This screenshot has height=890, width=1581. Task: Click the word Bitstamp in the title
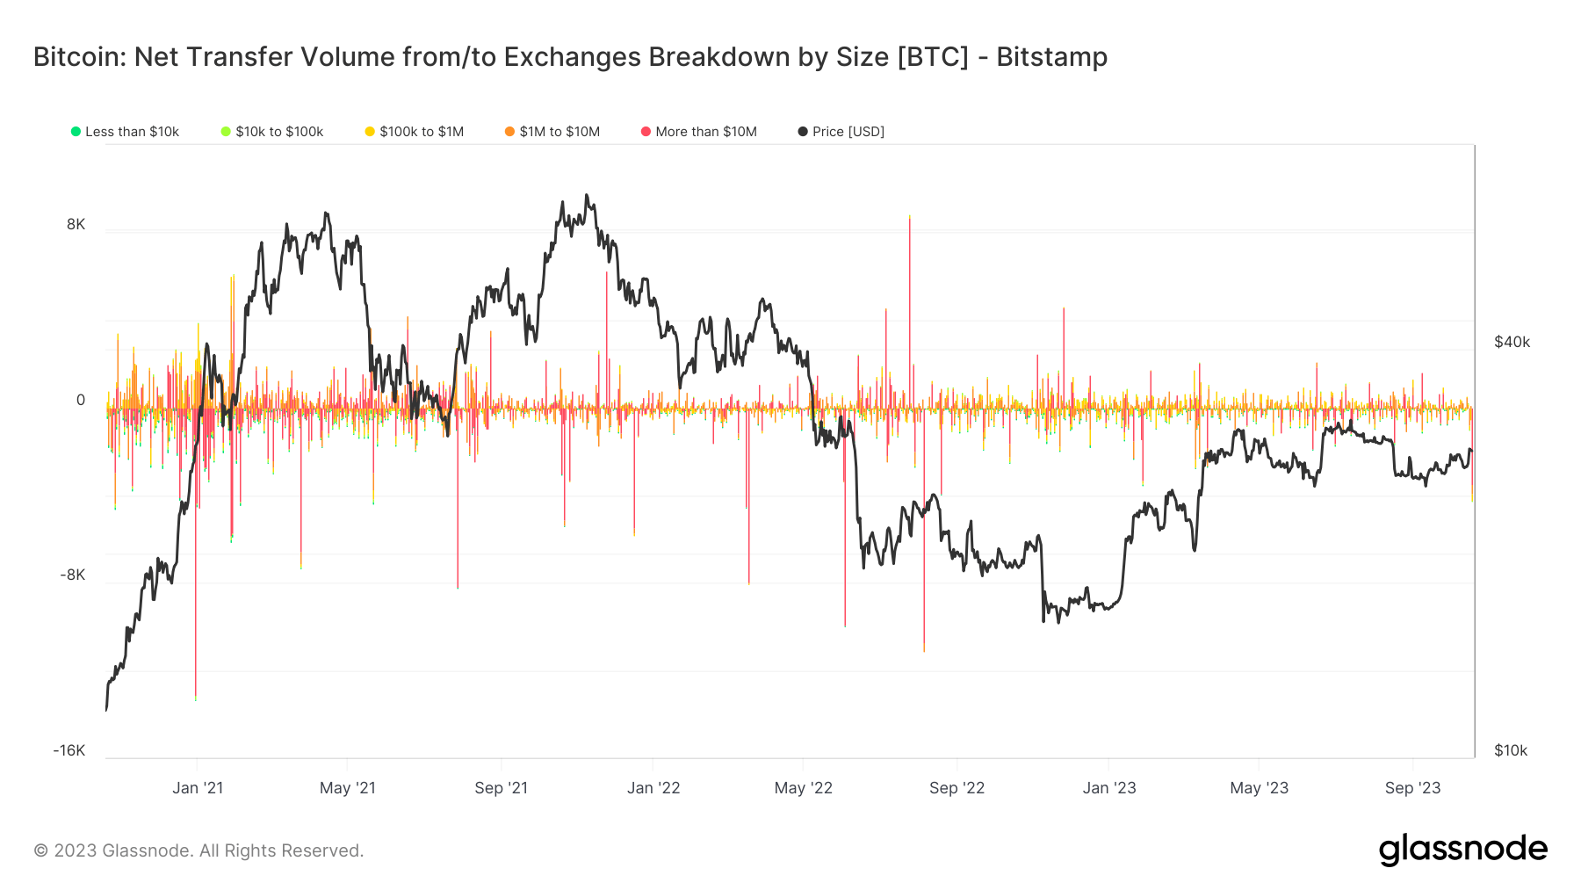click(x=1051, y=57)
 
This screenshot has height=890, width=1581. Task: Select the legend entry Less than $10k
click(x=125, y=132)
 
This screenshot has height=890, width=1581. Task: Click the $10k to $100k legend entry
click(x=272, y=132)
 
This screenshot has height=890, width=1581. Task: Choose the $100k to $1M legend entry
click(x=415, y=132)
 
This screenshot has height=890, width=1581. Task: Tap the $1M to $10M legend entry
click(x=552, y=132)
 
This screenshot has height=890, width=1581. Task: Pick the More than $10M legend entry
click(x=699, y=132)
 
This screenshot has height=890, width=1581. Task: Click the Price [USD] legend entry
click(x=841, y=132)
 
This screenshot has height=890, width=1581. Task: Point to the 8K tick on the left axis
click(x=76, y=224)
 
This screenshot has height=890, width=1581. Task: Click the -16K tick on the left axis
click(x=69, y=750)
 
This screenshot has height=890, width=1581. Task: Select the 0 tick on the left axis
click(x=81, y=401)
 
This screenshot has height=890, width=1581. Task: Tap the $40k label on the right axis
click(x=1512, y=342)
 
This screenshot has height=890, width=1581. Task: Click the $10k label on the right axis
click(x=1511, y=750)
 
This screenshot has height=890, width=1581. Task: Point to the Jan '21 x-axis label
click(x=198, y=788)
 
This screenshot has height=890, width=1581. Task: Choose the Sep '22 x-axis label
click(x=957, y=788)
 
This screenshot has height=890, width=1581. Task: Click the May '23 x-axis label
click(x=1259, y=788)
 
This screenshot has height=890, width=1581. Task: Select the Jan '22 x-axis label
click(x=653, y=788)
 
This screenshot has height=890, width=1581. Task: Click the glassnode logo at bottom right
click(x=1462, y=850)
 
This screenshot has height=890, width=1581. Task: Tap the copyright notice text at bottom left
click(x=199, y=850)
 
